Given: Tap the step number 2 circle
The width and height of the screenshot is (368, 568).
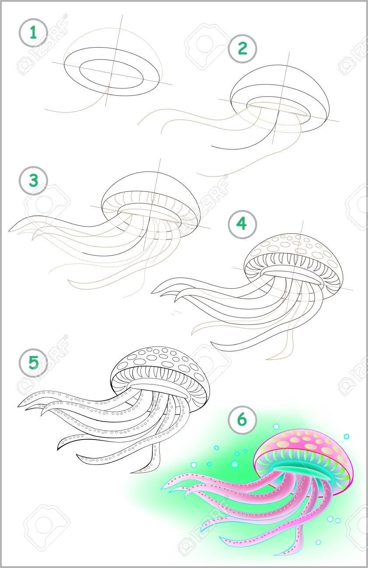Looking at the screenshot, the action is (x=242, y=48).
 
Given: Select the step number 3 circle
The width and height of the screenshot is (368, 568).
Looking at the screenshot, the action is (x=33, y=180).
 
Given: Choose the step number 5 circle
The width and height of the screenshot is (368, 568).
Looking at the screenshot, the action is (x=33, y=362).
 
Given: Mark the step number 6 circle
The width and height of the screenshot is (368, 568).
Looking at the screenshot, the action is (x=242, y=419).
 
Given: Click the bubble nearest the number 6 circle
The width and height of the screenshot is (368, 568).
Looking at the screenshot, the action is (x=276, y=426).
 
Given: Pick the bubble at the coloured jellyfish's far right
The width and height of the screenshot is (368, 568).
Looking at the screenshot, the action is (x=347, y=436).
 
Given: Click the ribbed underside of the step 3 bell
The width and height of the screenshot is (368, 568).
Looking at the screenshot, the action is (x=152, y=200).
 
